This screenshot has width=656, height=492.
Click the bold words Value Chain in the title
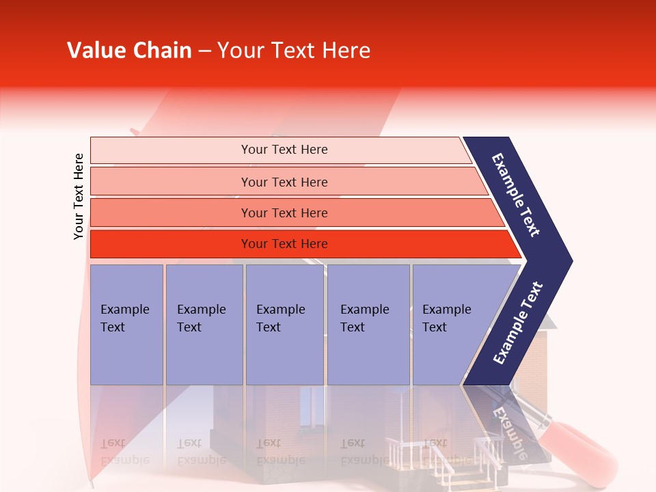pyautogui.click(x=129, y=51)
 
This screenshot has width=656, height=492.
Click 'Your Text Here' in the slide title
pyautogui.click(x=294, y=51)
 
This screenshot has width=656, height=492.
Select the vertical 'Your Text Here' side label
pyautogui.click(x=79, y=196)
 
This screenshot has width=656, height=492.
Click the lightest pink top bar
pyautogui.click(x=284, y=150)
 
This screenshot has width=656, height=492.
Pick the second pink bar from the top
pyautogui.click(x=284, y=182)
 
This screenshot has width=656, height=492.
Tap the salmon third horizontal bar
pyautogui.click(x=284, y=213)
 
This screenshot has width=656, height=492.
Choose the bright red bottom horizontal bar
pyautogui.click(x=284, y=244)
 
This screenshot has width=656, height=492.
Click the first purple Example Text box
pyautogui.click(x=126, y=324)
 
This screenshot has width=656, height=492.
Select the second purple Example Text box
pyautogui.click(x=204, y=324)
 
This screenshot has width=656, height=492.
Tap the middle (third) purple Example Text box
pyautogui.click(x=284, y=324)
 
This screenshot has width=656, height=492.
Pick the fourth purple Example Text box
pyautogui.click(x=368, y=324)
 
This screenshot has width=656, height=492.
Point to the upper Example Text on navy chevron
pyautogui.click(x=516, y=195)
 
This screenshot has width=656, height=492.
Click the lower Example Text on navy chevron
pyautogui.click(x=517, y=323)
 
